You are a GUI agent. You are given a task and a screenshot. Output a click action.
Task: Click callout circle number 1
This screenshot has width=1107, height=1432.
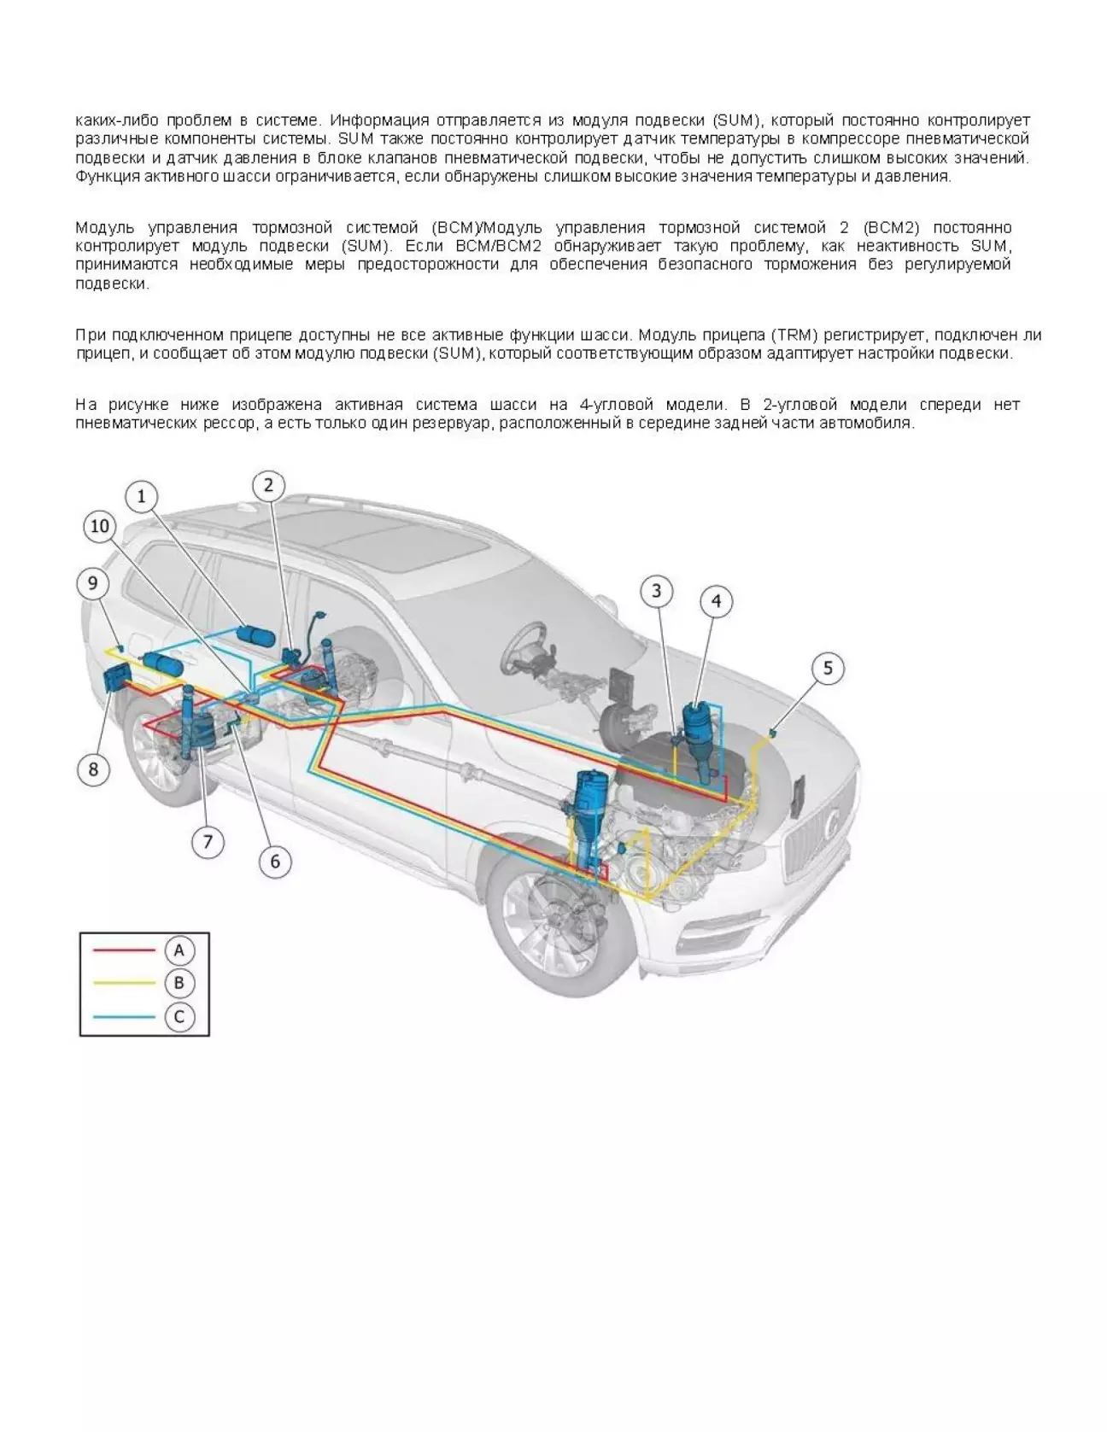pyautogui.click(x=142, y=497)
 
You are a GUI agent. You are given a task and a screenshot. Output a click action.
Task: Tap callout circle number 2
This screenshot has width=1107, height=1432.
pyautogui.click(x=268, y=486)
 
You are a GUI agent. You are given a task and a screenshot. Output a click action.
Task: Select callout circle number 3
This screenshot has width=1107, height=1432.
pyautogui.click(x=656, y=591)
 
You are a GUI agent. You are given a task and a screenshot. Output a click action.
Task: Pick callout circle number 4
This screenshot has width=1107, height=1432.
pyautogui.click(x=716, y=601)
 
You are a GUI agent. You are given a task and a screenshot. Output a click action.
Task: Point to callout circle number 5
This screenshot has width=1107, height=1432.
pyautogui.click(x=827, y=668)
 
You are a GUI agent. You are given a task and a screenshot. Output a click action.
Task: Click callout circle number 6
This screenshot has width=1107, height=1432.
pyautogui.click(x=275, y=861)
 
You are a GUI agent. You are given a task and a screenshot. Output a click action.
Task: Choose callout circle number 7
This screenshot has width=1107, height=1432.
pyautogui.click(x=208, y=842)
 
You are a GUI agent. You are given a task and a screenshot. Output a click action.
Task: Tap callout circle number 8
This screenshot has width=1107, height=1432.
pyautogui.click(x=94, y=769)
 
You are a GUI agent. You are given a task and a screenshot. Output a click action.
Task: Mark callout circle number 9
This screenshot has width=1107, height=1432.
pyautogui.click(x=93, y=584)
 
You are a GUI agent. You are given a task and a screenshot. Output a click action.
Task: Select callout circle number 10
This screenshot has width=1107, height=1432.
pyautogui.click(x=100, y=527)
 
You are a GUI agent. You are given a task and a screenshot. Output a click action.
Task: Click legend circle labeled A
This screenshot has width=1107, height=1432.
pyautogui.click(x=179, y=950)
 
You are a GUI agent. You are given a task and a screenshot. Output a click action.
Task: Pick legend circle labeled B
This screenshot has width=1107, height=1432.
pyautogui.click(x=179, y=983)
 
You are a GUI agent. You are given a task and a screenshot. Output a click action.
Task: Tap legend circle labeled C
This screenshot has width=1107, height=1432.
pyautogui.click(x=179, y=1016)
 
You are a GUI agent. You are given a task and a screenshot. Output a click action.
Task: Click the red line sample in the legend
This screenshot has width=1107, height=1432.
pyautogui.click(x=124, y=950)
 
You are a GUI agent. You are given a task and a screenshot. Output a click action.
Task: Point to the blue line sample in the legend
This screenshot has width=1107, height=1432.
pyautogui.click(x=124, y=1016)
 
